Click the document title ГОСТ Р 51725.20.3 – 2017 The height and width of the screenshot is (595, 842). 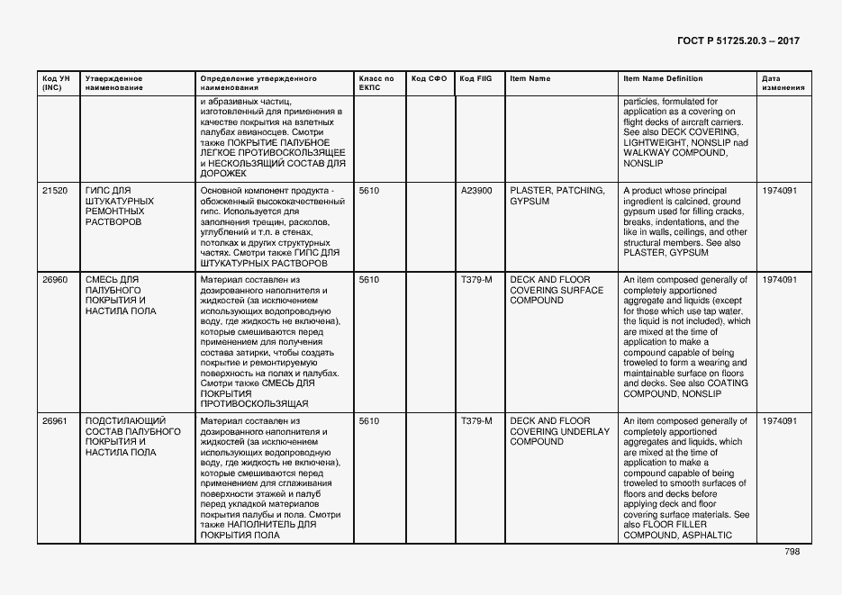pyautogui.click(x=738, y=41)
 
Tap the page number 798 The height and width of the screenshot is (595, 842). pyautogui.click(x=792, y=552)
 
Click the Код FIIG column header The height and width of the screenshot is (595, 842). pyautogui.click(x=475, y=79)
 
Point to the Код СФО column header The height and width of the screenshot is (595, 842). pyautogui.click(x=429, y=79)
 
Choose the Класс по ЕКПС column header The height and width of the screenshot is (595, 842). pyautogui.click(x=376, y=84)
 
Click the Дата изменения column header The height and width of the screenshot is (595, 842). pyautogui.click(x=777, y=84)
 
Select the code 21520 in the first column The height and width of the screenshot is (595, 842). pyautogui.click(x=55, y=192)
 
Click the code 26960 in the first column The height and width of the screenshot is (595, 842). pyautogui.click(x=55, y=280)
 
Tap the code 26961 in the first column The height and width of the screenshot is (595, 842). pyautogui.click(x=55, y=421)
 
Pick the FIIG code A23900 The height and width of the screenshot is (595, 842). pyautogui.click(x=476, y=192)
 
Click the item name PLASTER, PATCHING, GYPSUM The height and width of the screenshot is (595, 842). pyautogui.click(x=557, y=196)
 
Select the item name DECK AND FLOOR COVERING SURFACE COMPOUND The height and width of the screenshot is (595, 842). pyautogui.click(x=557, y=290)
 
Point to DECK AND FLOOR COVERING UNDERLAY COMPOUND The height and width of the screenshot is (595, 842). pyautogui.click(x=559, y=431)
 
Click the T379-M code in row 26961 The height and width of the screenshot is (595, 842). pyautogui.click(x=476, y=421)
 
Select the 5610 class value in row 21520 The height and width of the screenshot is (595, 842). pyautogui.click(x=369, y=192)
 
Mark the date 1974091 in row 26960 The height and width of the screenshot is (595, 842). pyautogui.click(x=779, y=280)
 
